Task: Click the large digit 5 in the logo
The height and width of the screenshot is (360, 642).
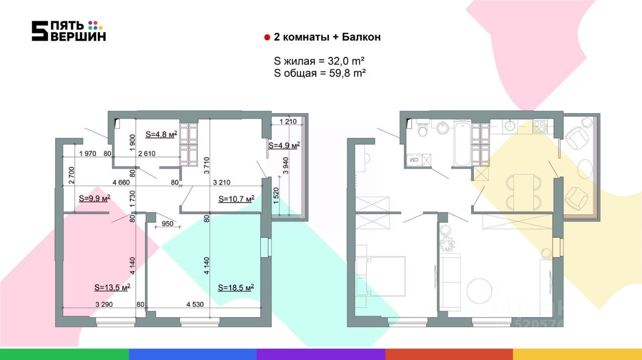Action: (x=40, y=31)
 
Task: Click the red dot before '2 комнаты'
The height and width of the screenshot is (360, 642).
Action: (x=267, y=37)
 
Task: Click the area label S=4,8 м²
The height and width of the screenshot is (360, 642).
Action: (x=161, y=134)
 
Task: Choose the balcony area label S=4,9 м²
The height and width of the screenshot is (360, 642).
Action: (x=284, y=145)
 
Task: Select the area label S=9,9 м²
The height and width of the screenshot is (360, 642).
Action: (x=95, y=199)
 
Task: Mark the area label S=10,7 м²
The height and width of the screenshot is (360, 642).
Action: (x=236, y=199)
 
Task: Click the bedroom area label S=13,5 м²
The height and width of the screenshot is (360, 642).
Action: (x=112, y=287)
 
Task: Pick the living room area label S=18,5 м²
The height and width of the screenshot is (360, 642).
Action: (x=236, y=287)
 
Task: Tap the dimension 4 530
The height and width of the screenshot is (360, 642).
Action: (x=195, y=304)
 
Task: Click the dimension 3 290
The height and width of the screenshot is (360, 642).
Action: (x=104, y=304)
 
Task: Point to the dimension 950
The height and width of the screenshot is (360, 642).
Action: (x=168, y=223)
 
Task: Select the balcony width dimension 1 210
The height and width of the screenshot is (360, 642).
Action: (x=288, y=121)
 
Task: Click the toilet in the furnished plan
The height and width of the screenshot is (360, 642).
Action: (x=422, y=128)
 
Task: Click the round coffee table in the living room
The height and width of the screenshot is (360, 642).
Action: (x=479, y=290)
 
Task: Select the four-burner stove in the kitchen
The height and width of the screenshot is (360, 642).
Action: (x=540, y=126)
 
